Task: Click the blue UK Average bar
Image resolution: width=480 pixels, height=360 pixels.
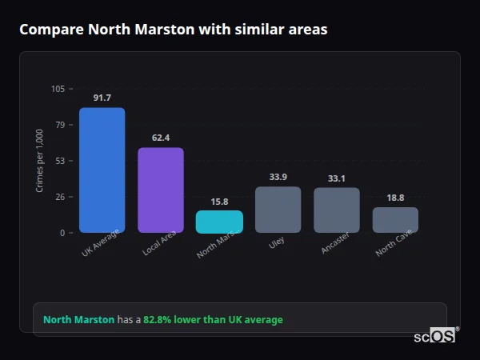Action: (102, 170)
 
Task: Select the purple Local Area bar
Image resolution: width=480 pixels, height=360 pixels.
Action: (161, 190)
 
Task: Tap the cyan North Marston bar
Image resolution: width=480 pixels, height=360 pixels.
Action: (219, 222)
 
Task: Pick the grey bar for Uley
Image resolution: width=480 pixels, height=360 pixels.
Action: (278, 210)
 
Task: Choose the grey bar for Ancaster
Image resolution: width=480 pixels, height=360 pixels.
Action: (337, 210)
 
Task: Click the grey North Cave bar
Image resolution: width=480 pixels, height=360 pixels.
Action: (395, 220)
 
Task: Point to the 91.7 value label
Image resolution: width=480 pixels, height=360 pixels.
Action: (102, 98)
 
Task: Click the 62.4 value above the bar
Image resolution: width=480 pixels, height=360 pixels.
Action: (161, 138)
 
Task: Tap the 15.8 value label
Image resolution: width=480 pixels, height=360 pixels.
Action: (219, 202)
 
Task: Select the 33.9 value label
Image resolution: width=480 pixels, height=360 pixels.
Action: (278, 177)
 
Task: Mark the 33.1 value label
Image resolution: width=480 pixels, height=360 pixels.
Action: (337, 178)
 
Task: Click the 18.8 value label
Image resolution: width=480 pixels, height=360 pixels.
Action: (395, 198)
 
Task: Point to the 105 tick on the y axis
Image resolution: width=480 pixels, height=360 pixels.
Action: (58, 89)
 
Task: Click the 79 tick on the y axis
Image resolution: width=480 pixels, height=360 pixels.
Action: (60, 125)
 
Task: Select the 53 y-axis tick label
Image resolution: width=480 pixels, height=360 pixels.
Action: (60, 161)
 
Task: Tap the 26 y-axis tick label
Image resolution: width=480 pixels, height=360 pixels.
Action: (60, 197)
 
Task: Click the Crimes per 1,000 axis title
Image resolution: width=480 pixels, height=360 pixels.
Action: (39, 161)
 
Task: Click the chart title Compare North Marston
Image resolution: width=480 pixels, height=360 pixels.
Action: (173, 29)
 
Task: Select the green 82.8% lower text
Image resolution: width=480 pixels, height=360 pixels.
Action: (213, 320)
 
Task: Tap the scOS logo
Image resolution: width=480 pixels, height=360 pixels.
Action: (435, 336)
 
